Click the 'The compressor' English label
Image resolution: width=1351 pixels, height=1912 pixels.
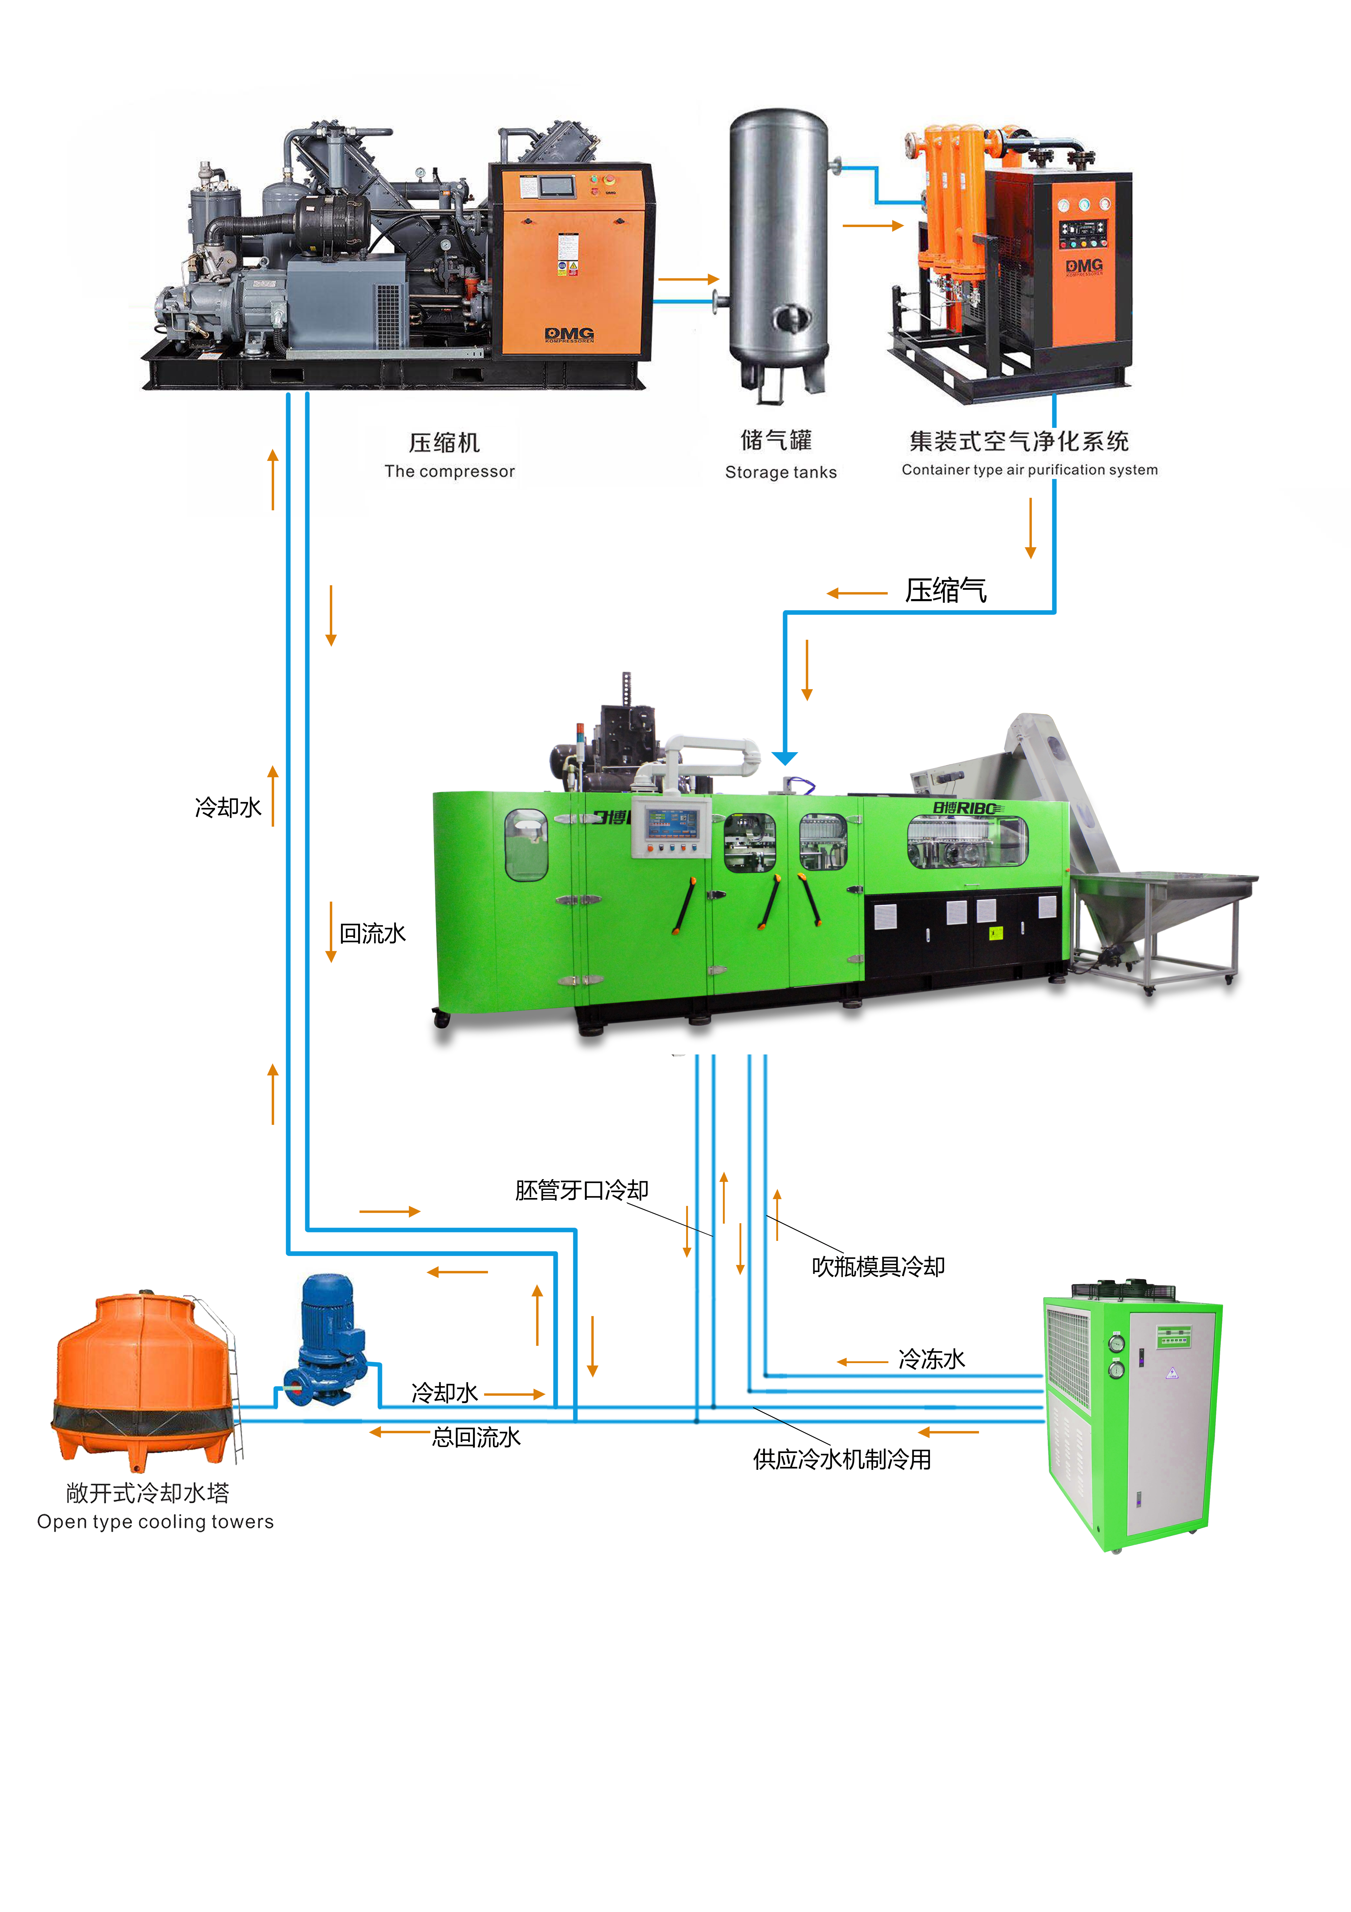tap(450, 471)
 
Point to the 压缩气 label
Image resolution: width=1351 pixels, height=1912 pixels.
tap(946, 590)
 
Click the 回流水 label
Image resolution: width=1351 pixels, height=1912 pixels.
tap(372, 933)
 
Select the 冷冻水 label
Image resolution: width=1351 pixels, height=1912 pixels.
tap(931, 1359)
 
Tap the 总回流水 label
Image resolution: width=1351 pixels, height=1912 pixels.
tap(476, 1436)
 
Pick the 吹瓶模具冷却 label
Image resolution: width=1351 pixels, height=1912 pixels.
tap(878, 1267)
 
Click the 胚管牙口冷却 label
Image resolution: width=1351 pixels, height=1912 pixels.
tap(581, 1190)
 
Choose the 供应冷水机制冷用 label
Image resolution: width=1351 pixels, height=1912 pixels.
tap(842, 1459)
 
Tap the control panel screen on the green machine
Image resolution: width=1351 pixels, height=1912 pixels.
tap(671, 822)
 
